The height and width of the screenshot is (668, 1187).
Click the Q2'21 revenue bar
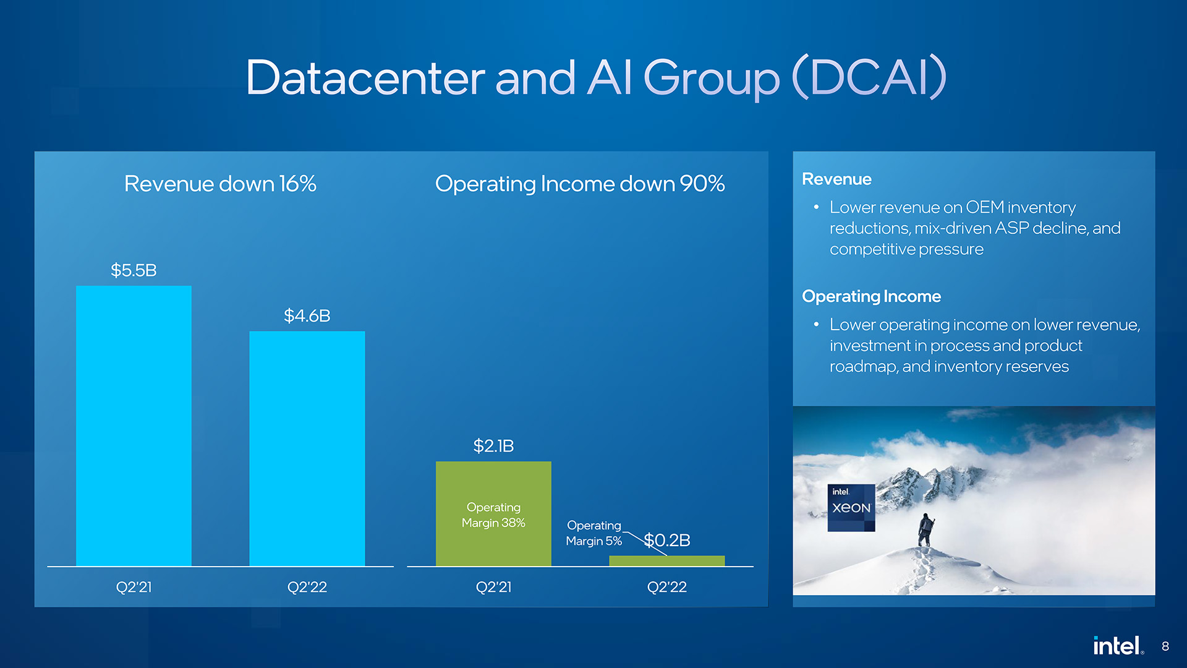click(x=134, y=426)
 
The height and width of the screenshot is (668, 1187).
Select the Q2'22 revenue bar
click(x=307, y=448)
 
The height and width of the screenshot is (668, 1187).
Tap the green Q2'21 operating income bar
click(x=493, y=513)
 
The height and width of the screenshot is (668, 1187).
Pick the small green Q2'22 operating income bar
click(x=667, y=561)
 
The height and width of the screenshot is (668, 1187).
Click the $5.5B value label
click(x=134, y=270)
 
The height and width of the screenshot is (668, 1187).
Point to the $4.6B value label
click(x=307, y=316)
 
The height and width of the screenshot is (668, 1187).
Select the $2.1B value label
click(x=493, y=446)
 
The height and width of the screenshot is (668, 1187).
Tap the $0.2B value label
click(x=667, y=541)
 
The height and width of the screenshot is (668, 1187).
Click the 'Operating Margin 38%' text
click(x=493, y=515)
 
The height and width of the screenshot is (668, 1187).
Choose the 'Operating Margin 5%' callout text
click(x=594, y=533)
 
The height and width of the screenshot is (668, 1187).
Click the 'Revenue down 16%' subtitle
click(x=220, y=184)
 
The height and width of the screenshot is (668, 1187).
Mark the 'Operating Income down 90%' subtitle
click(x=580, y=184)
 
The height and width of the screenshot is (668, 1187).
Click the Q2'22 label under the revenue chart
click(x=307, y=587)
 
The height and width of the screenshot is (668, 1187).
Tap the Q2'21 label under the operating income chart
click(x=493, y=587)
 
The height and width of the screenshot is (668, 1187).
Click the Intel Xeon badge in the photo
click(x=851, y=508)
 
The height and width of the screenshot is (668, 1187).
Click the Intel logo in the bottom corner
click(x=1118, y=646)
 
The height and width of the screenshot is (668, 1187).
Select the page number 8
click(x=1165, y=646)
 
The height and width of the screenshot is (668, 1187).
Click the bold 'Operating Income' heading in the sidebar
click(x=871, y=297)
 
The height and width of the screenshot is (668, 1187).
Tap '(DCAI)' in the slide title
click(x=869, y=77)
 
